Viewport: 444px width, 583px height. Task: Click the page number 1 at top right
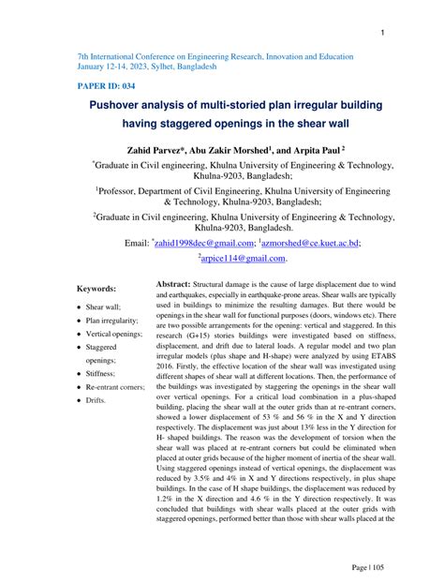[384, 34]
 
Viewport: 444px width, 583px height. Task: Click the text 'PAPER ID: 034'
[108, 84]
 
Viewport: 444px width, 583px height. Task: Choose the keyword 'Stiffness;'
[103, 373]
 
